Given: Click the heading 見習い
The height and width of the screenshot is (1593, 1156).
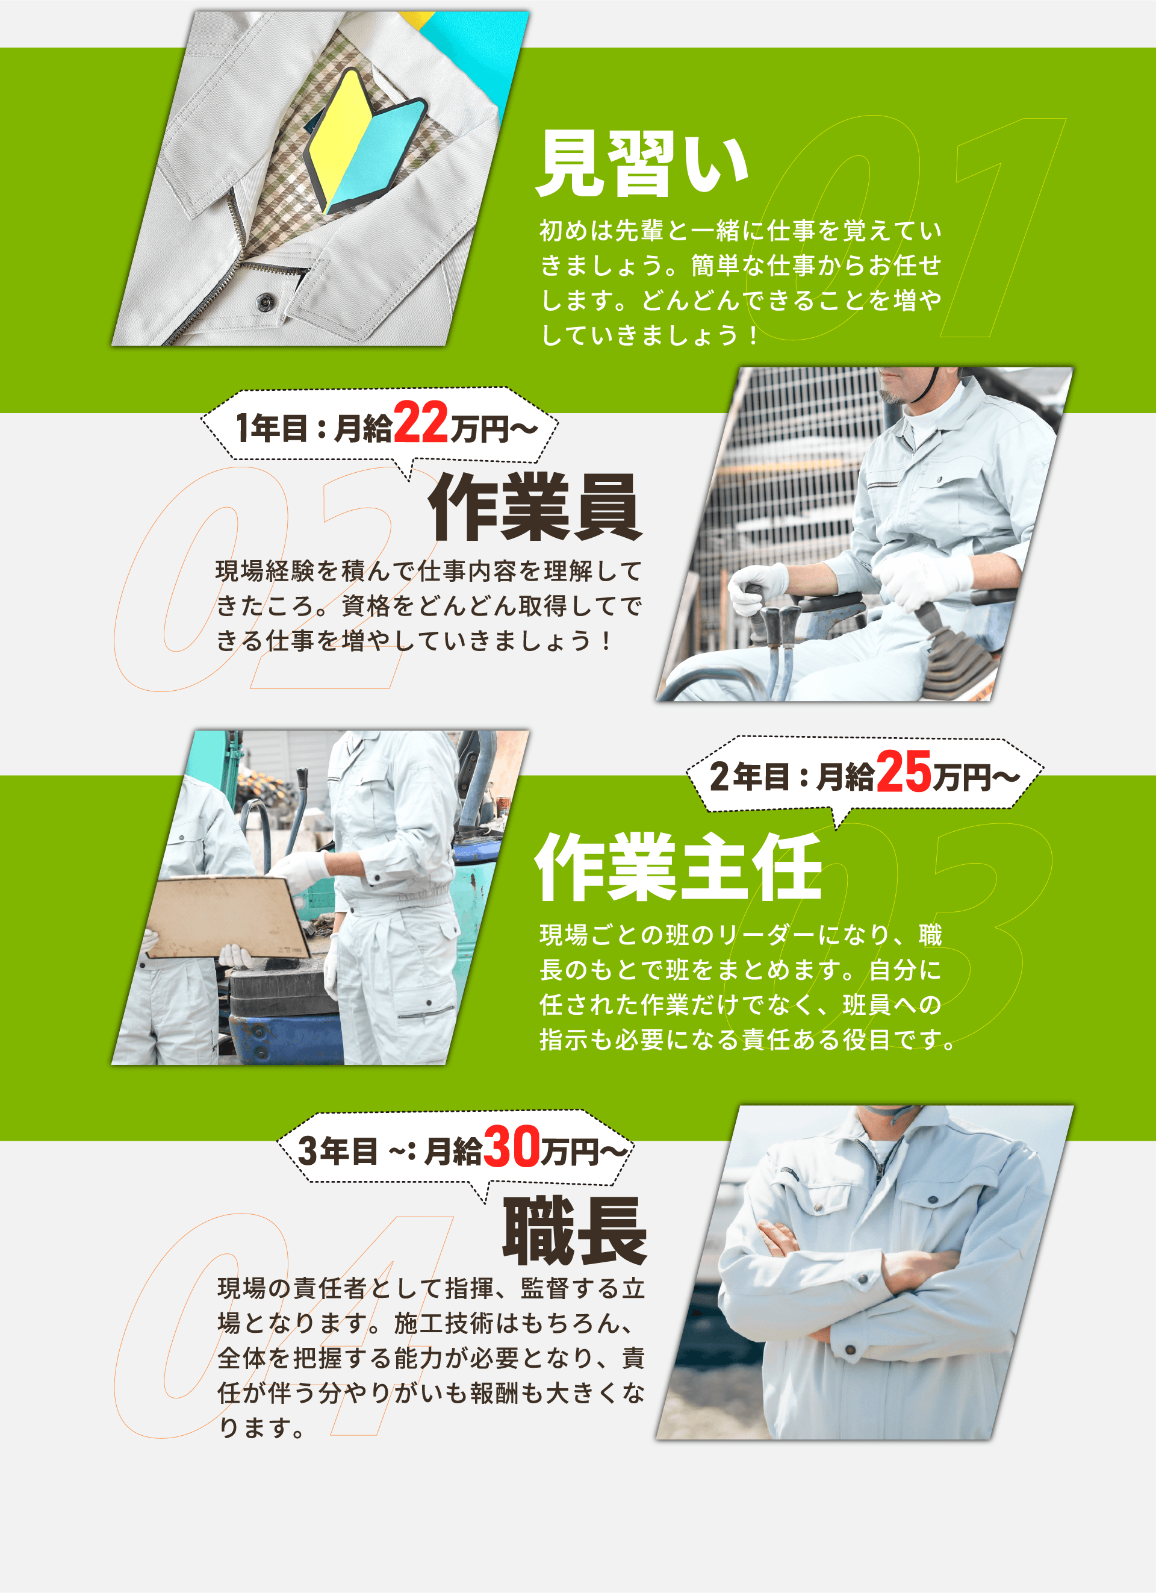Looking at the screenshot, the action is (642, 163).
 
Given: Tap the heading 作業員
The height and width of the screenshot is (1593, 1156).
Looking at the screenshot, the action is (535, 507).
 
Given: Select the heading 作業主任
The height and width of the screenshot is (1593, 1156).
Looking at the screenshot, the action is (679, 867).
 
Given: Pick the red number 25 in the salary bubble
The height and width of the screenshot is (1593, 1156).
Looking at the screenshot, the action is (903, 772).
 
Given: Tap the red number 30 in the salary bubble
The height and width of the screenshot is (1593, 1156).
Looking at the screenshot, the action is (511, 1146).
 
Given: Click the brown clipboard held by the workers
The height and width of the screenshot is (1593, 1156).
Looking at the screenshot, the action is (228, 916).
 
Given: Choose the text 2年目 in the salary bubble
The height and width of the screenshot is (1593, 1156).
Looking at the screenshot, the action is (748, 776).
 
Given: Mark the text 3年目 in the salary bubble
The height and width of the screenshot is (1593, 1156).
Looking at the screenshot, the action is (338, 1150).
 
